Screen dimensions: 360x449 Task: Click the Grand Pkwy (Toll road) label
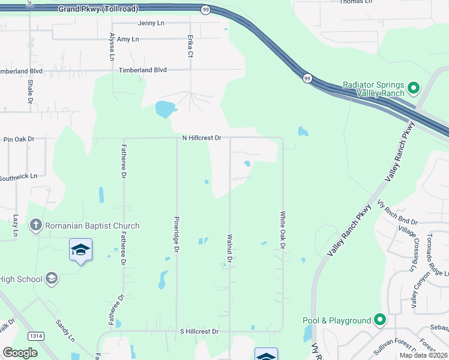(98, 9)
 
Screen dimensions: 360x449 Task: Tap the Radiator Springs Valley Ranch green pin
(413, 88)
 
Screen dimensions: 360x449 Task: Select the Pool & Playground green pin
(379, 320)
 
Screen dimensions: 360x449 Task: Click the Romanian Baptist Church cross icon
(35, 226)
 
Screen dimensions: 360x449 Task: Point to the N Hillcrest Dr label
(202, 138)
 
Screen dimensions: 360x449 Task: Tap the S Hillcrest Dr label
(199, 331)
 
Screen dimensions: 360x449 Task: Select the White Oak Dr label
(282, 228)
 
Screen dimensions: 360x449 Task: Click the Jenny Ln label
(151, 23)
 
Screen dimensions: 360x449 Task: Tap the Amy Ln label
(128, 39)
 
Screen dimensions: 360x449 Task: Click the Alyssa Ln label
(112, 47)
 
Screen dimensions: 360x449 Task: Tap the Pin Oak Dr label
(19, 139)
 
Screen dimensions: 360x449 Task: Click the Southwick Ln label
(18, 177)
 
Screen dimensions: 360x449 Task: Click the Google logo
(20, 352)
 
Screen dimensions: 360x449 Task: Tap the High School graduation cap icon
(52, 278)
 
